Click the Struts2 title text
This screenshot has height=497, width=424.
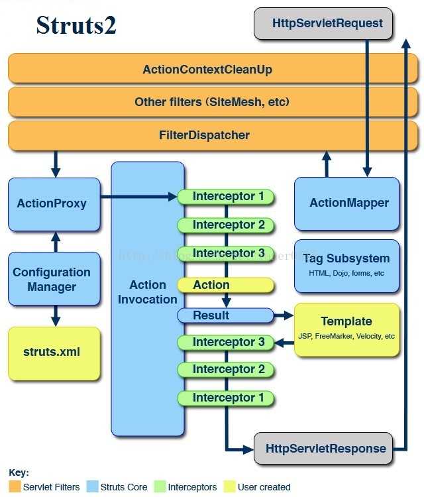pyautogui.click(x=76, y=25)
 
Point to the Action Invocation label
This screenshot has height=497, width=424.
pyautogui.click(x=148, y=292)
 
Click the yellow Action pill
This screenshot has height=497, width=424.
pyautogui.click(x=225, y=285)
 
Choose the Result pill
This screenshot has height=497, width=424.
pyautogui.click(x=225, y=315)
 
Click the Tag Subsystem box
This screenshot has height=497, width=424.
pyautogui.click(x=346, y=264)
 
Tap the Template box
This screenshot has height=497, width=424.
pyautogui.click(x=346, y=329)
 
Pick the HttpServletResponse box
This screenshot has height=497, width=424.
pyautogui.click(x=325, y=449)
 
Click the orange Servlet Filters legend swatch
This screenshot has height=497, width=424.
pyautogui.click(x=14, y=487)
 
